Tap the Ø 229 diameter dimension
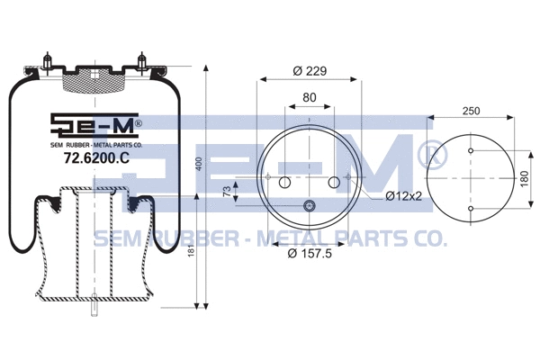pyautogui.click(x=309, y=72)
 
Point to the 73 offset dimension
pyautogui.click(x=227, y=191)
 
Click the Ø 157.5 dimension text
pyautogui.click(x=310, y=253)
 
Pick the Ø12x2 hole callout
pyautogui.click(x=402, y=195)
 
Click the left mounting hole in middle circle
pyautogui.click(x=285, y=184)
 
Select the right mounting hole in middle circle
pyautogui.click(x=334, y=184)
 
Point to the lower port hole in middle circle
pyautogui.click(x=310, y=207)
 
